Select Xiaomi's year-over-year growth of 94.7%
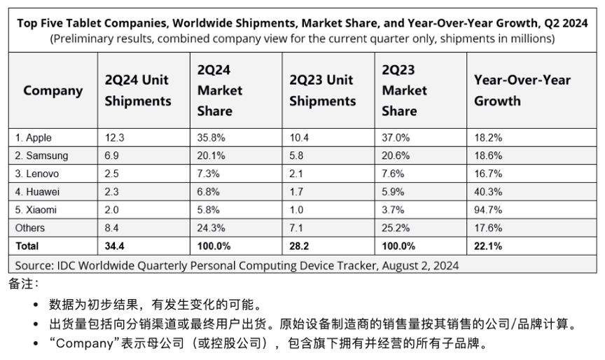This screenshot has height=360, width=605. [487, 209]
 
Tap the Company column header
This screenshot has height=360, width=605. [53, 90]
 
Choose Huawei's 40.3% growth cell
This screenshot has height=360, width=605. [487, 191]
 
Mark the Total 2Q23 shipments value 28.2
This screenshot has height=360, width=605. [299, 246]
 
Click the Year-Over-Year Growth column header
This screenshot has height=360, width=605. [522, 90]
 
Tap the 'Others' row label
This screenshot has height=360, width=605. [29, 228]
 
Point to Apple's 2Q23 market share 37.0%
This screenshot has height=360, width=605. [395, 137]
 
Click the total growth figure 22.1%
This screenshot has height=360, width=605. [488, 246]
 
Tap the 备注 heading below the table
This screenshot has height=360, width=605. [24, 284]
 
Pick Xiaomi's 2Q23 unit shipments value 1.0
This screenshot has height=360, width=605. [296, 209]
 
